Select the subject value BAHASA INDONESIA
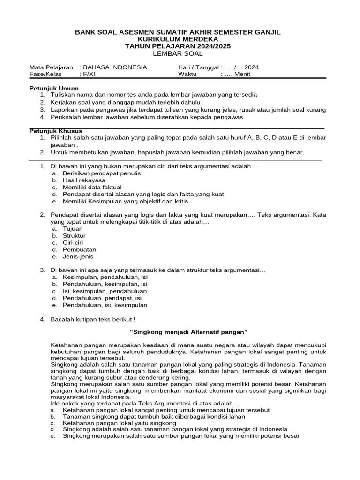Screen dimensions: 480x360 pos(115,67)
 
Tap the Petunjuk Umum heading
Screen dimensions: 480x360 pos(54,88)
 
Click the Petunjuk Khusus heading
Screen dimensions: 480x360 pos(56,131)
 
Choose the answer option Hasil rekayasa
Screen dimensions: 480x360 pos(84,180)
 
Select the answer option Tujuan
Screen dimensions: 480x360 pos(73,229)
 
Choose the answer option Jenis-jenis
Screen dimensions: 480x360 pos(78,257)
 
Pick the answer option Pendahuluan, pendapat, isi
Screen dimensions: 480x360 pos(102,298)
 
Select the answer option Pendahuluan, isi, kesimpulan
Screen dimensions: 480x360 pos(105,305)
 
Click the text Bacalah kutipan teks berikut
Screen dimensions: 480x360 pos(93,319)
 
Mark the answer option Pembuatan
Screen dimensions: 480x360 pos(79,250)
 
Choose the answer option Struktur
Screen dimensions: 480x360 pos(74,236)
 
